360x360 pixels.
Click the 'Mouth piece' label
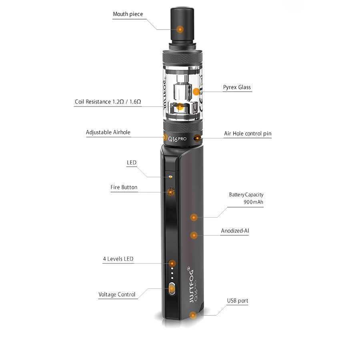(x=128, y=14)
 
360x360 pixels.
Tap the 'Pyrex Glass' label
(x=237, y=87)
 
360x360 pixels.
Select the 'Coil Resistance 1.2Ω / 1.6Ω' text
(x=108, y=102)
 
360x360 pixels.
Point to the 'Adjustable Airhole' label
(x=108, y=132)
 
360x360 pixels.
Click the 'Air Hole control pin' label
(x=248, y=134)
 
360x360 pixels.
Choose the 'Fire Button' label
(x=124, y=187)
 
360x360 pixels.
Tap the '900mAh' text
(x=254, y=202)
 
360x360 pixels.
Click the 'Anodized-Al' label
(x=235, y=231)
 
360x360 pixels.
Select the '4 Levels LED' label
(x=118, y=259)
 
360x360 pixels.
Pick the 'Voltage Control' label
(x=117, y=294)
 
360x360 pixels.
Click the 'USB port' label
(x=238, y=301)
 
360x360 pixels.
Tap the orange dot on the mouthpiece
(x=180, y=29)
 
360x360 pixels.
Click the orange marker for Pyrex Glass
(x=196, y=92)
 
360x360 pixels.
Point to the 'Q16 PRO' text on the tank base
(x=177, y=139)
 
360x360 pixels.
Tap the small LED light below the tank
(x=170, y=177)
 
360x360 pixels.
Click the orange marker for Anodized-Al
(x=194, y=235)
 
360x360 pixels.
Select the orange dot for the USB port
(x=193, y=315)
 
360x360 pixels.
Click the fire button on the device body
(x=171, y=192)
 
